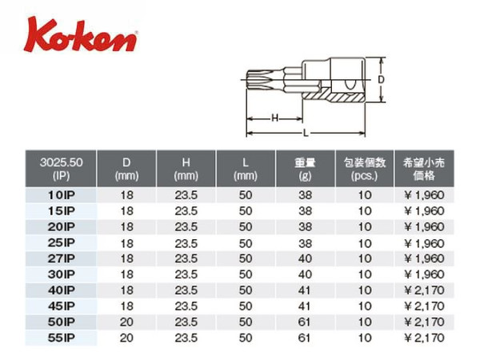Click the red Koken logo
tap(80, 35)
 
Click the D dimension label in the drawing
tap(381, 79)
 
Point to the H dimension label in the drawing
tap(275, 118)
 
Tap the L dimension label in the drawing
tap(306, 133)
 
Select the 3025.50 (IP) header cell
tap(61, 168)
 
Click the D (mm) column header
tap(126, 168)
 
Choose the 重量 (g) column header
tap(305, 168)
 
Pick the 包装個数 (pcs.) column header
tap(364, 168)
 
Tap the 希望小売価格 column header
tap(424, 168)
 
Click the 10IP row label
tap(61, 195)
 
